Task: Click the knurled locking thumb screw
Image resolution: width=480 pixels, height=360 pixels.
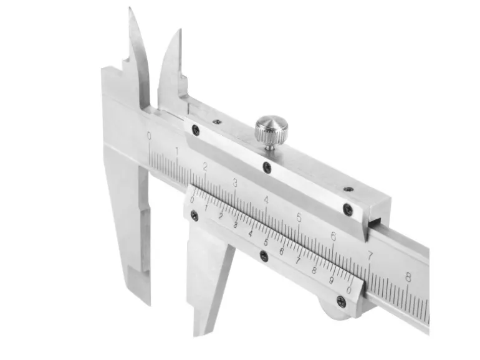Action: tap(272, 131)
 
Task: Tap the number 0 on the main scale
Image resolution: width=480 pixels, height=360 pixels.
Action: tap(149, 136)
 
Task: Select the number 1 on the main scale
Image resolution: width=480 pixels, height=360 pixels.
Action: tap(177, 151)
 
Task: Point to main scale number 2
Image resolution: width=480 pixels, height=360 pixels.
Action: tap(205, 167)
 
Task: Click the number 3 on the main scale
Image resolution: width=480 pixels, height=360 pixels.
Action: tap(235, 183)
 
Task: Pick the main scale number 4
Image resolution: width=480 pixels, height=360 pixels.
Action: tap(266, 200)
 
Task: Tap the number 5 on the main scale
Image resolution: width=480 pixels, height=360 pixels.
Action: tap(299, 218)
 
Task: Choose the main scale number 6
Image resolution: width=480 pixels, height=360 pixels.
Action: tap(334, 236)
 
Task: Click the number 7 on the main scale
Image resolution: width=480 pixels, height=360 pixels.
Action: tap(370, 255)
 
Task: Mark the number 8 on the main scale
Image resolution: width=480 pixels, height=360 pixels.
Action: tap(408, 278)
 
